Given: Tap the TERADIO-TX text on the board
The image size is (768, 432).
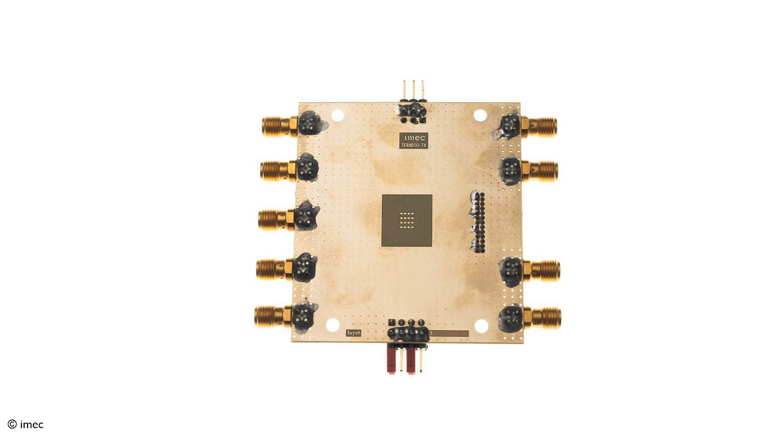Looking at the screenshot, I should click(413, 145).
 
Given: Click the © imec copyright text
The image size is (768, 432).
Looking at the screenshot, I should click(26, 424).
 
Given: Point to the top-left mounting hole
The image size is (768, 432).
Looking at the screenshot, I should click(338, 116).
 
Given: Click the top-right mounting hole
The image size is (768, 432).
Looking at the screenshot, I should click(480, 116).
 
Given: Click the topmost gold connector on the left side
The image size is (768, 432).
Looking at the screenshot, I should click(277, 126).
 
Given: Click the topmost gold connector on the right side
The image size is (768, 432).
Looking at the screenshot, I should click(541, 124).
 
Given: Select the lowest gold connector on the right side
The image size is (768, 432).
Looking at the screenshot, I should click(544, 317).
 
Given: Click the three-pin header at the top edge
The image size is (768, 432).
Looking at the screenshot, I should click(413, 91).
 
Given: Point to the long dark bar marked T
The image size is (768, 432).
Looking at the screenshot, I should click(450, 334).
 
